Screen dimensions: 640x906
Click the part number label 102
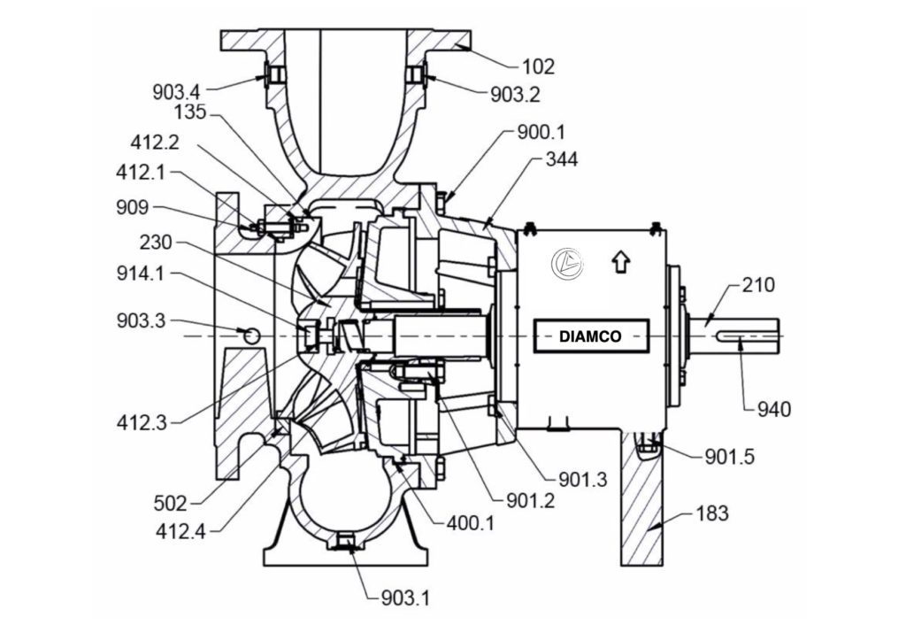538,66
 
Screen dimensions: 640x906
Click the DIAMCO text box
590,336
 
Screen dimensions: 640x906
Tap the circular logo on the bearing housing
563,263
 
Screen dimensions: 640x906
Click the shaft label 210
758,285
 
